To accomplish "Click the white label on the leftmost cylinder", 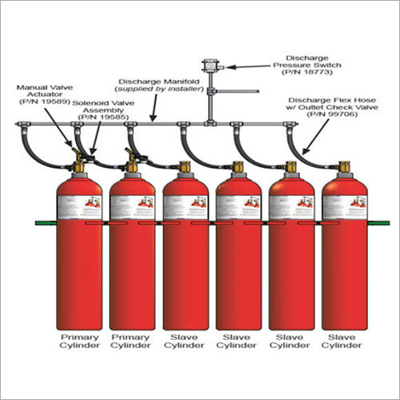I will click(79, 206).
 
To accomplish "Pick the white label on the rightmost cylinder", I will click(345, 206).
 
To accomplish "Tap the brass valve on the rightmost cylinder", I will click(345, 168).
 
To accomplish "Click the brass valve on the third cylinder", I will click(186, 168).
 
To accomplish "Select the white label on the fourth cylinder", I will click(238, 206).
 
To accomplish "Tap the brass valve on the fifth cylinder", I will click(292, 168).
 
